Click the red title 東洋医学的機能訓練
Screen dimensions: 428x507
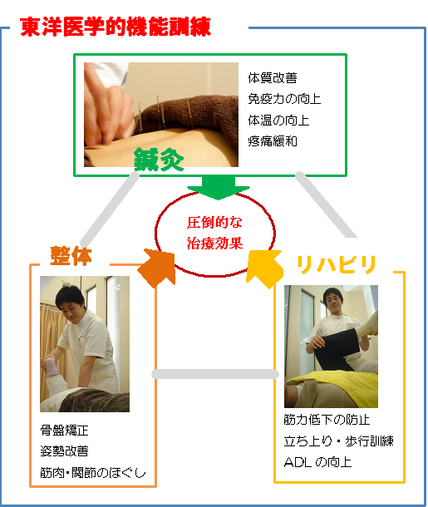pyautogui.click(x=116, y=27)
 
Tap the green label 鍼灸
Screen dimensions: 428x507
pyautogui.click(x=159, y=160)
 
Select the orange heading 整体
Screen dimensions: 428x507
pyautogui.click(x=71, y=256)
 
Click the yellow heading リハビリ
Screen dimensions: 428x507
pyautogui.click(x=337, y=264)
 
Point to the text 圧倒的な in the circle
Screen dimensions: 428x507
pyautogui.click(x=214, y=222)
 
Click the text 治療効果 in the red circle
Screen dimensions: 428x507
pyautogui.click(x=214, y=244)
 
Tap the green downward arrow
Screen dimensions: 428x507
pyautogui.click(x=219, y=188)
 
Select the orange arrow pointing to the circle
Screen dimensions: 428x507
pyautogui.click(x=157, y=268)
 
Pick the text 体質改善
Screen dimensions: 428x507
pyautogui.click(x=273, y=78)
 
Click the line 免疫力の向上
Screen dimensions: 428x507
pyautogui.click(x=284, y=99)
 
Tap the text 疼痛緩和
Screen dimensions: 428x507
pyautogui.click(x=273, y=141)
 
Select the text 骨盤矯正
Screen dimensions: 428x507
pyautogui.click(x=64, y=431)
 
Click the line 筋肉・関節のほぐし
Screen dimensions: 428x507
pyautogui.click(x=93, y=472)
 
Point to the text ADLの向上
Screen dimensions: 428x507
pyautogui.click(x=317, y=462)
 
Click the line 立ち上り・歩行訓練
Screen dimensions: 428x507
pyautogui.click(x=339, y=441)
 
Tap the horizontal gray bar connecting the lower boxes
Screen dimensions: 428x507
pyautogui.click(x=215, y=374)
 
